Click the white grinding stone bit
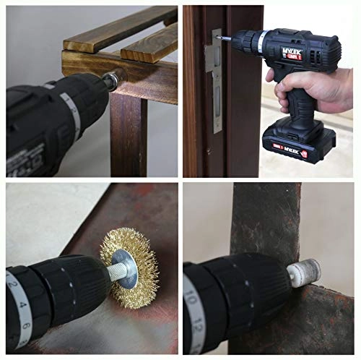click(x=299, y=275)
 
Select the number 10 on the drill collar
click(x=190, y=298)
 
